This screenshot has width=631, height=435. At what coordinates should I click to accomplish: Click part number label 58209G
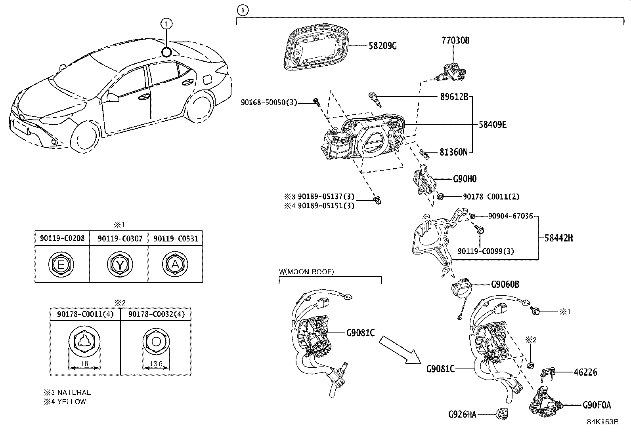(382, 46)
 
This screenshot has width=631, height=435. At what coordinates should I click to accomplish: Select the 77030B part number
(455, 40)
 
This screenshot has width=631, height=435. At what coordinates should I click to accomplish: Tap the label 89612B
(454, 96)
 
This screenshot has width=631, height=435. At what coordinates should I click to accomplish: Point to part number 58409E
(492, 124)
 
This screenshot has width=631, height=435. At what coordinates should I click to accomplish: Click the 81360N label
(453, 152)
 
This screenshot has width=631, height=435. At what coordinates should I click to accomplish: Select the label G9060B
(505, 284)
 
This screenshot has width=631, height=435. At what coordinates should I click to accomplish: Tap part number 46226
(585, 372)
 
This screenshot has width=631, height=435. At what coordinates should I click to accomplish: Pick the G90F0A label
(597, 405)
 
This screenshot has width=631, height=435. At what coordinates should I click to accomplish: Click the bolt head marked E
(61, 264)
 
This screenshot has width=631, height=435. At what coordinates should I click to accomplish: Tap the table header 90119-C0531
(175, 238)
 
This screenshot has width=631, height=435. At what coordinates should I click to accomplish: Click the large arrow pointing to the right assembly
(399, 350)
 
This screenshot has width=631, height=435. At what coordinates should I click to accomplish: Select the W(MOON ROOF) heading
(306, 272)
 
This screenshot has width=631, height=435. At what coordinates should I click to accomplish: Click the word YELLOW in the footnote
(72, 401)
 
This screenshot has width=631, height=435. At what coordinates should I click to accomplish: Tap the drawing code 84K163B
(602, 422)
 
